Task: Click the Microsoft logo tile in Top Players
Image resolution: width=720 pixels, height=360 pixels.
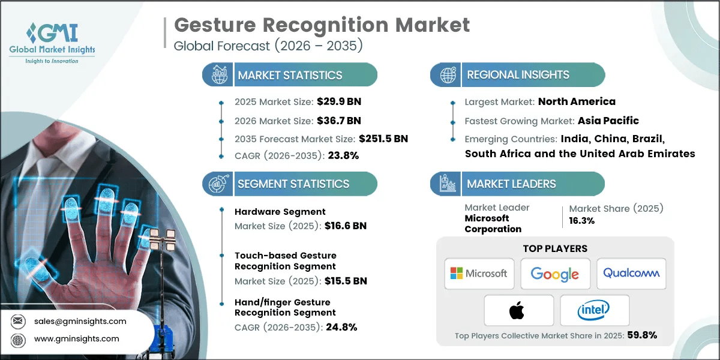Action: point(479,274)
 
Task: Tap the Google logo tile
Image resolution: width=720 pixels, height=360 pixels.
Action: point(555,274)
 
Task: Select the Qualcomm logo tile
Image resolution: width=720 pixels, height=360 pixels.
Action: point(631,274)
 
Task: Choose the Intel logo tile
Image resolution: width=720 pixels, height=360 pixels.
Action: point(594,310)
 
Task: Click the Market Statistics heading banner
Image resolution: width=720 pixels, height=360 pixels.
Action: point(290,75)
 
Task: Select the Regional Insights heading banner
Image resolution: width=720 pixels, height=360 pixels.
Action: point(518,75)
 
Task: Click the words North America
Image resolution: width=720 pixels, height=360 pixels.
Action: point(577,101)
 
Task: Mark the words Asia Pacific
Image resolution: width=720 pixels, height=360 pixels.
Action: point(608,120)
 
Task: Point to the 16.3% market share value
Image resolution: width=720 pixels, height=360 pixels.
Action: point(581,220)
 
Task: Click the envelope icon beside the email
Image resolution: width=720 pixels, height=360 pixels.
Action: point(17,321)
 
